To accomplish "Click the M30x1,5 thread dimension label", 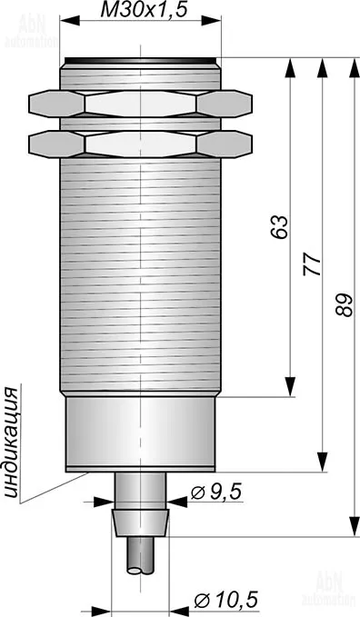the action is coord(144,11).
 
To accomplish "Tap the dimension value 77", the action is coord(313,264).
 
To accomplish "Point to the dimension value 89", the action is coord(344,304).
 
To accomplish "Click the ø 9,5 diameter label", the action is coord(215,492).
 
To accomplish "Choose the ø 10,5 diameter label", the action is coord(226,600).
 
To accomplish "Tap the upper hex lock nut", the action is coord(140,104).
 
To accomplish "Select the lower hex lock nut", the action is coord(140,144).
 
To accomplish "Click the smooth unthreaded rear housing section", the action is coord(140,433).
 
